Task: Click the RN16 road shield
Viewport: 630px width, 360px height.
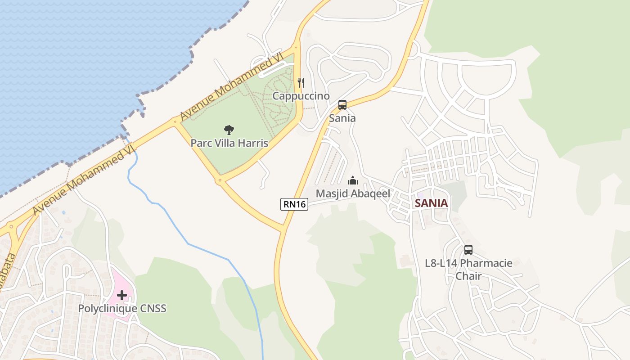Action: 294,204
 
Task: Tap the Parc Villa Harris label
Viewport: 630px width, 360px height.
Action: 229,143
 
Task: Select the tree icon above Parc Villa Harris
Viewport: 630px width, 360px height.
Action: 229,130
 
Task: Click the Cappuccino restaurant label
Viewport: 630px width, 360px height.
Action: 301,96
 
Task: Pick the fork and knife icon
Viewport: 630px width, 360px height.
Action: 301,83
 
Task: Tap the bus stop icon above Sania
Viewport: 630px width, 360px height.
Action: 342,105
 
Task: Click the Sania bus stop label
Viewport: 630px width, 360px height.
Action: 342,118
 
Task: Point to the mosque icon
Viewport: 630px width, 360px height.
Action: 353,180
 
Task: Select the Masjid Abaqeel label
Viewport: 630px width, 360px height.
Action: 353,193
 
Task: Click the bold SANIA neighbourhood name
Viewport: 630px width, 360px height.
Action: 431,203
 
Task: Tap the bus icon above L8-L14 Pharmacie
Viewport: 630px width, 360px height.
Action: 468,250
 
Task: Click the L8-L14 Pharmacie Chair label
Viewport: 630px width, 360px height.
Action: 468,269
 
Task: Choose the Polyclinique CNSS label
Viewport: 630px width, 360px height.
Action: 122,308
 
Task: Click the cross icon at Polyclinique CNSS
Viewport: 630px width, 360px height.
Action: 122,296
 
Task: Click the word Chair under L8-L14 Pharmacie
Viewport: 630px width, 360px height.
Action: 468,276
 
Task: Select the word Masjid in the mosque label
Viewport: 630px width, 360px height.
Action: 331,193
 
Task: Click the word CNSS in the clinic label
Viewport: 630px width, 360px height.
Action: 153,308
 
